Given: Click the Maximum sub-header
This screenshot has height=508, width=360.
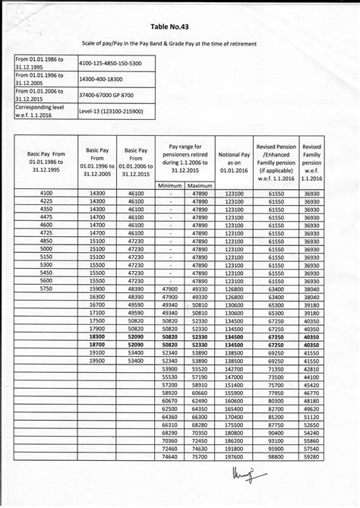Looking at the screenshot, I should coord(200,185).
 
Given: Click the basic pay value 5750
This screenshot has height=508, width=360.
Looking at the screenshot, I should coord(46,289).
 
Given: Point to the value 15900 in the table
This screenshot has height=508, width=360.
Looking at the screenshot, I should coord(97,289).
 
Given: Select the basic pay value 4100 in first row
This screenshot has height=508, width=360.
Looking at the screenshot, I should coord(46,195).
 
